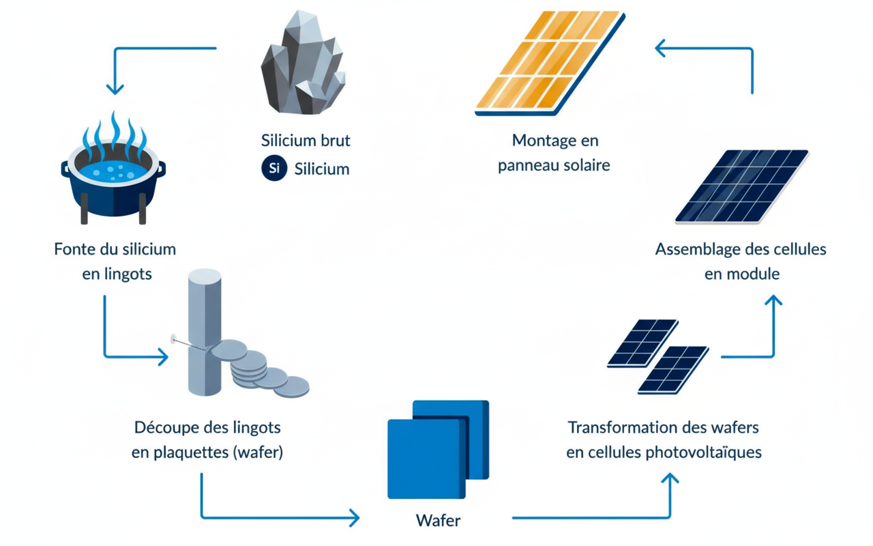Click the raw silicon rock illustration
click(x=304, y=63)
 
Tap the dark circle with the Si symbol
click(x=274, y=168)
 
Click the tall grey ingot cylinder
click(x=205, y=332)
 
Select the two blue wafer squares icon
click(x=438, y=449)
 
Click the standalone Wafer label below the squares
click(x=439, y=520)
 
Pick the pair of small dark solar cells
click(x=658, y=356)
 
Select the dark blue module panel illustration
click(x=742, y=186)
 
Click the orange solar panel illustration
click(x=550, y=63)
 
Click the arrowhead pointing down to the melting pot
click(x=115, y=89)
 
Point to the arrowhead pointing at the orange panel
click(x=660, y=48)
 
